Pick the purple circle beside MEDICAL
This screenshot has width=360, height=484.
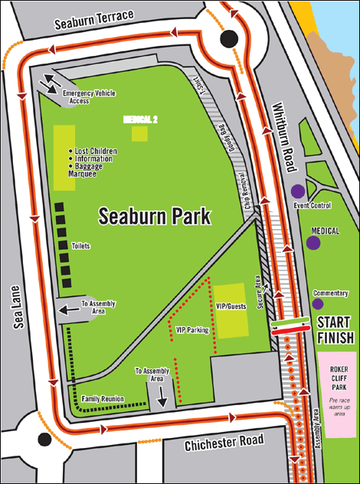pos(313,243)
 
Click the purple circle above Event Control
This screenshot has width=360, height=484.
pos(296,192)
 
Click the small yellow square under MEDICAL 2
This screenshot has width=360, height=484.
pos(139,134)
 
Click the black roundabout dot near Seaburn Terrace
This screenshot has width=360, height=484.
pos(228,40)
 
